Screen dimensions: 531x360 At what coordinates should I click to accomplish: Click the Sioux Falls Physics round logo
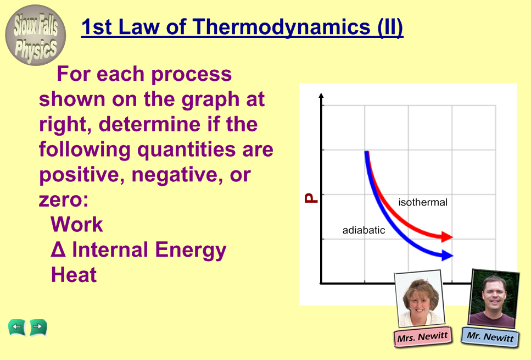coord(36,35)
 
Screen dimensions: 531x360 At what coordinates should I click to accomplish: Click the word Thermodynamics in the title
coord(282,27)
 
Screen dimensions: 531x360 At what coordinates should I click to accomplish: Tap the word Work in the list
coord(76,224)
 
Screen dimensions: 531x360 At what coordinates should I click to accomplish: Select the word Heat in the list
coord(74,275)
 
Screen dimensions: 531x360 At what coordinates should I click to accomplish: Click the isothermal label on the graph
coord(423,202)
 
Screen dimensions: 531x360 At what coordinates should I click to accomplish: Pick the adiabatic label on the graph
coord(364,230)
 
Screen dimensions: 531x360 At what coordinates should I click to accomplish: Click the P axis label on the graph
coord(311,198)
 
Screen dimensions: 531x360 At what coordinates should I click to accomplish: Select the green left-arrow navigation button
coord(17,328)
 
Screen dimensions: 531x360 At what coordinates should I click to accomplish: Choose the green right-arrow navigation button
coord(38,328)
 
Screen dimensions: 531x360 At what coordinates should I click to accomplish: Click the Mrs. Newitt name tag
coord(423,337)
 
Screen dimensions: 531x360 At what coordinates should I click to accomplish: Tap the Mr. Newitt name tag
coord(490,336)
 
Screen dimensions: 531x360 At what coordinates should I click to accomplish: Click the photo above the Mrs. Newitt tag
coord(420,298)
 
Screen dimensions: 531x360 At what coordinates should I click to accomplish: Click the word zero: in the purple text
coord(63,200)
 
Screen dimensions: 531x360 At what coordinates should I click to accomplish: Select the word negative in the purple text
coord(177,175)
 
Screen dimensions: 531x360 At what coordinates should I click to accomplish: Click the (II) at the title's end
coord(390,27)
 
